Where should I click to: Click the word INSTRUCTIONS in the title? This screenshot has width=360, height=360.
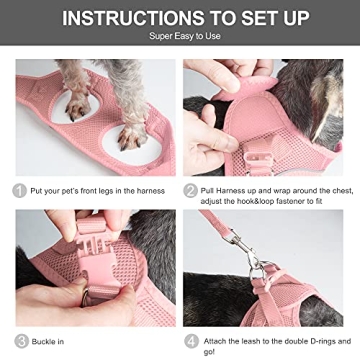click(122, 19)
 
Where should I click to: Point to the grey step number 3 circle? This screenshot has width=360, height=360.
click(18, 340)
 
